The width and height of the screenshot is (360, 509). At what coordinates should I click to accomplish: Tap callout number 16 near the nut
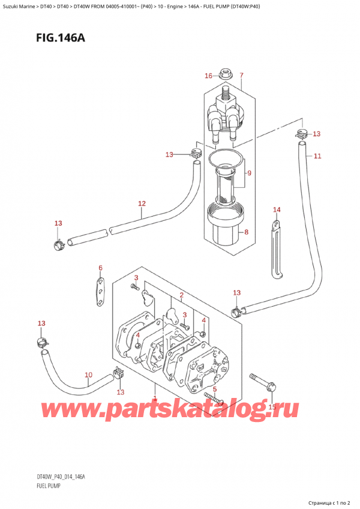[x=208, y=76]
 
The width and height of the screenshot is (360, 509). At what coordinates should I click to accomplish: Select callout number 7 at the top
[x=241, y=76]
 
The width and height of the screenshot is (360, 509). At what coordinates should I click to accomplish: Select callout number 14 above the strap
[x=277, y=209]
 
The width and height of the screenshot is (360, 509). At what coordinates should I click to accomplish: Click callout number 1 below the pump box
[x=155, y=399]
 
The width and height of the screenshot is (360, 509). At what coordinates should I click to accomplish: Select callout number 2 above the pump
[x=181, y=295]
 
